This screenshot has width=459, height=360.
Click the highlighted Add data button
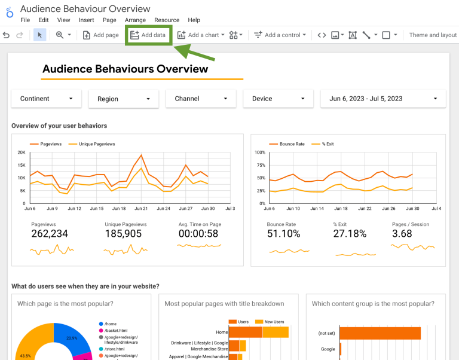148,35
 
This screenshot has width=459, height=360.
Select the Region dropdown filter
124,99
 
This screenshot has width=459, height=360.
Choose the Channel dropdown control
201,99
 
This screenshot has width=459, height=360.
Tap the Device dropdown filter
278,99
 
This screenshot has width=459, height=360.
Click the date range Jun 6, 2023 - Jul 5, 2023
383,99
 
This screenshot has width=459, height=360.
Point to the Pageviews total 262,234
50,234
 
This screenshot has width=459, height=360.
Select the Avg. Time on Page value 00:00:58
198,234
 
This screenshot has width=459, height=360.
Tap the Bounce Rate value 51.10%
283,234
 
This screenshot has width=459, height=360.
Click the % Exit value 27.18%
350,234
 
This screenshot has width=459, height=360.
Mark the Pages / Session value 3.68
402,234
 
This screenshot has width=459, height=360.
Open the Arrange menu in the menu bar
136,20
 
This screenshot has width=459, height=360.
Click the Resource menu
167,20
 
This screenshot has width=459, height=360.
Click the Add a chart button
201,35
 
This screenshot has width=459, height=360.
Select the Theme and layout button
433,35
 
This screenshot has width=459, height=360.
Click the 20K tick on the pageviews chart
20,152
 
